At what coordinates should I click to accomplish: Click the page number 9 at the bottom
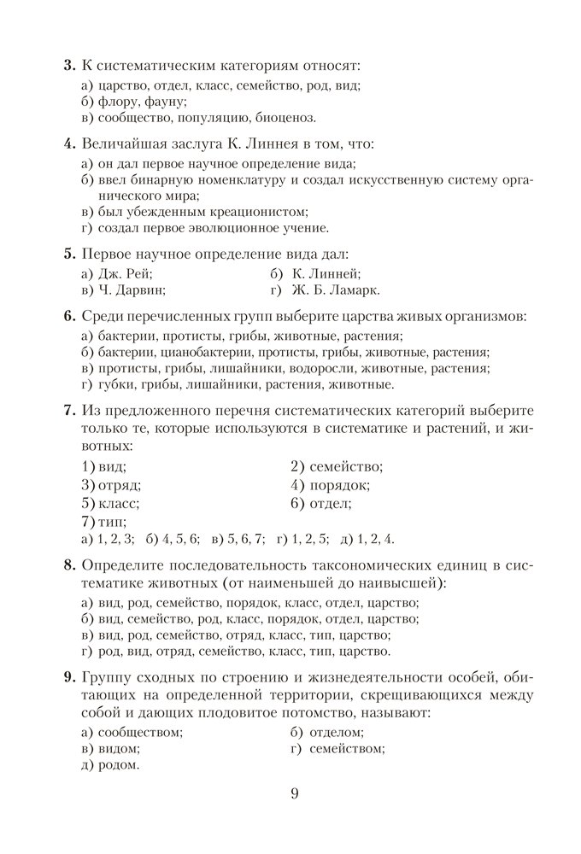pyautogui.click(x=295, y=793)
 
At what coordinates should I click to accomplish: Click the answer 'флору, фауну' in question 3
pyautogui.click(x=138, y=101)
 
